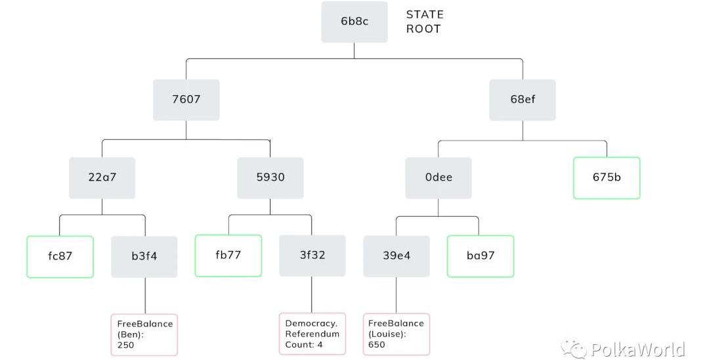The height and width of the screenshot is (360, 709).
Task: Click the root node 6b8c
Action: pyautogui.click(x=354, y=22)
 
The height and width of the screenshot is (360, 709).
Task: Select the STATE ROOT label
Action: pyautogui.click(x=425, y=22)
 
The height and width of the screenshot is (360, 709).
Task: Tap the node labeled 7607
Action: pyautogui.click(x=186, y=100)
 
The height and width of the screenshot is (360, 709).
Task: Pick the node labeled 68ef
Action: pyautogui.click(x=523, y=100)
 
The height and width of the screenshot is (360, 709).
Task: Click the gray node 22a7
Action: pyautogui.click(x=102, y=177)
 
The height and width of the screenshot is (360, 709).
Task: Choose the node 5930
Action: pyautogui.click(x=270, y=177)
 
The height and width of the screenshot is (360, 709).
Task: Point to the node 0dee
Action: pyautogui.click(x=438, y=177)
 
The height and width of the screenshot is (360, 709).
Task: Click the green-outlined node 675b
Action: pyautogui.click(x=607, y=177)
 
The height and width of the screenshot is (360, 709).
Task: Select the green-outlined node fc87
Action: pyautogui.click(x=60, y=256)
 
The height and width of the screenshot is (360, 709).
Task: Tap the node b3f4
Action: pyautogui.click(x=144, y=256)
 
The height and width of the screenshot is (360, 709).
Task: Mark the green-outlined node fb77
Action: pyautogui.click(x=228, y=256)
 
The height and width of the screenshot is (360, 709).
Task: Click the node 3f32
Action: pyautogui.click(x=312, y=256)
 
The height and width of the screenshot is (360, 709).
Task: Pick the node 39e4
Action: pyautogui.click(x=397, y=256)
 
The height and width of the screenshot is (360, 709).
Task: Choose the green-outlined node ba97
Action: pyautogui.click(x=481, y=256)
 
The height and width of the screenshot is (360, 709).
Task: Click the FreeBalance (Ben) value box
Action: pyautogui.click(x=144, y=334)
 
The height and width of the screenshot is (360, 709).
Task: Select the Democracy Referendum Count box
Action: pyautogui.click(x=312, y=334)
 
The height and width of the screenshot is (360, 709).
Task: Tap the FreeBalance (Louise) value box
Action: pyautogui.click(x=397, y=334)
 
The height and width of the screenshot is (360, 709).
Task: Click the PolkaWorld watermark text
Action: pyautogui.click(x=637, y=349)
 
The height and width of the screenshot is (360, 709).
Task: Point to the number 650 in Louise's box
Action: pyautogui.click(x=377, y=344)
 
